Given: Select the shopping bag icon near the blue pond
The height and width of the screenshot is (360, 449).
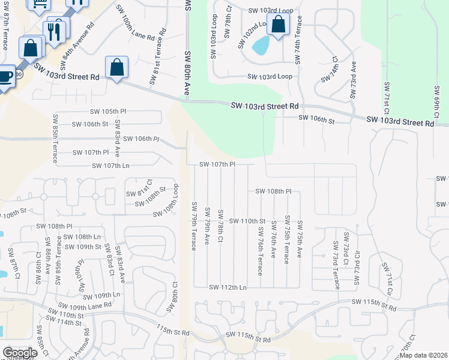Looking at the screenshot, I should [x=278, y=25].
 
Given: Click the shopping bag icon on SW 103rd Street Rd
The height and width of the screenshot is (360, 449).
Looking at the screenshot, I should [x=117, y=68].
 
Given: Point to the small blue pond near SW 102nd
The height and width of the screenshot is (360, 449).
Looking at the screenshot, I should [x=261, y=46].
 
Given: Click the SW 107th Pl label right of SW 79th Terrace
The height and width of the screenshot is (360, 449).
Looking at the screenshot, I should [x=217, y=164].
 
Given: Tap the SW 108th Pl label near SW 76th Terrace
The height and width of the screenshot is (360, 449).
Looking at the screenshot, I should [x=273, y=191].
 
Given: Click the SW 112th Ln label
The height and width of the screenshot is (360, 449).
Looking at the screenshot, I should [x=228, y=287].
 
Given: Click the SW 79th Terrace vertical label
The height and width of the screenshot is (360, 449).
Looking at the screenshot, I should [x=194, y=227].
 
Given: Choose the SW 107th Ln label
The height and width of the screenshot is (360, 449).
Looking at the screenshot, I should [x=110, y=165].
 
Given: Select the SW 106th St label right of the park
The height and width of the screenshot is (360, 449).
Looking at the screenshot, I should [x=316, y=120].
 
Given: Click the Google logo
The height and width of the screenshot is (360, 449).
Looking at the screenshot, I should [x=20, y=352].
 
